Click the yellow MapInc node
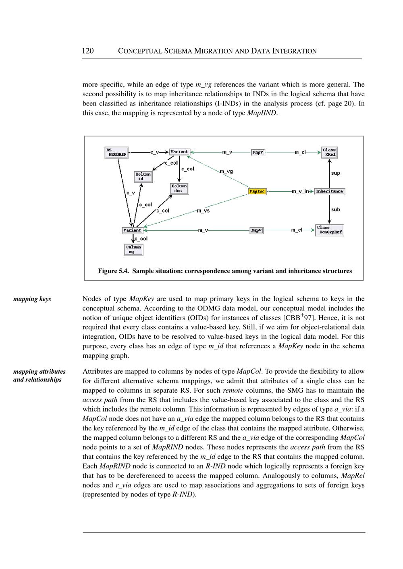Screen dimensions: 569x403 point(257,192)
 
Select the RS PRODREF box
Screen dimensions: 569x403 point(116,152)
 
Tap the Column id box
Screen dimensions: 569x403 point(143,176)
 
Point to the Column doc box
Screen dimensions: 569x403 point(179,188)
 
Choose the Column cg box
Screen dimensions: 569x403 point(133,249)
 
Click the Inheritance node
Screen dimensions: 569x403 point(329,192)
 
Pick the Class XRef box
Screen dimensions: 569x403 point(329,152)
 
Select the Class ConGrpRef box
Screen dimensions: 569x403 point(329,230)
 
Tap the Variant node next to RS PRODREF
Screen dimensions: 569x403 point(179,152)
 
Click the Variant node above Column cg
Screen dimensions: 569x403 point(132,230)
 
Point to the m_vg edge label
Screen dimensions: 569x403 point(226,172)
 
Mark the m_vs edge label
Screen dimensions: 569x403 point(203,211)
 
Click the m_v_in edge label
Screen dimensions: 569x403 point(300,191)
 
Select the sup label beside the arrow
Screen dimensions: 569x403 point(335,173)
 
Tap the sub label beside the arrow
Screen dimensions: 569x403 point(335,209)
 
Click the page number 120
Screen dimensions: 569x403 point(88,51)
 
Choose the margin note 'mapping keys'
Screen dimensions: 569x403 point(32,299)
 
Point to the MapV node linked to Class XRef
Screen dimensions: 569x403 point(258,152)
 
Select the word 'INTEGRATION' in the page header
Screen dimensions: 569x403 point(295,51)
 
